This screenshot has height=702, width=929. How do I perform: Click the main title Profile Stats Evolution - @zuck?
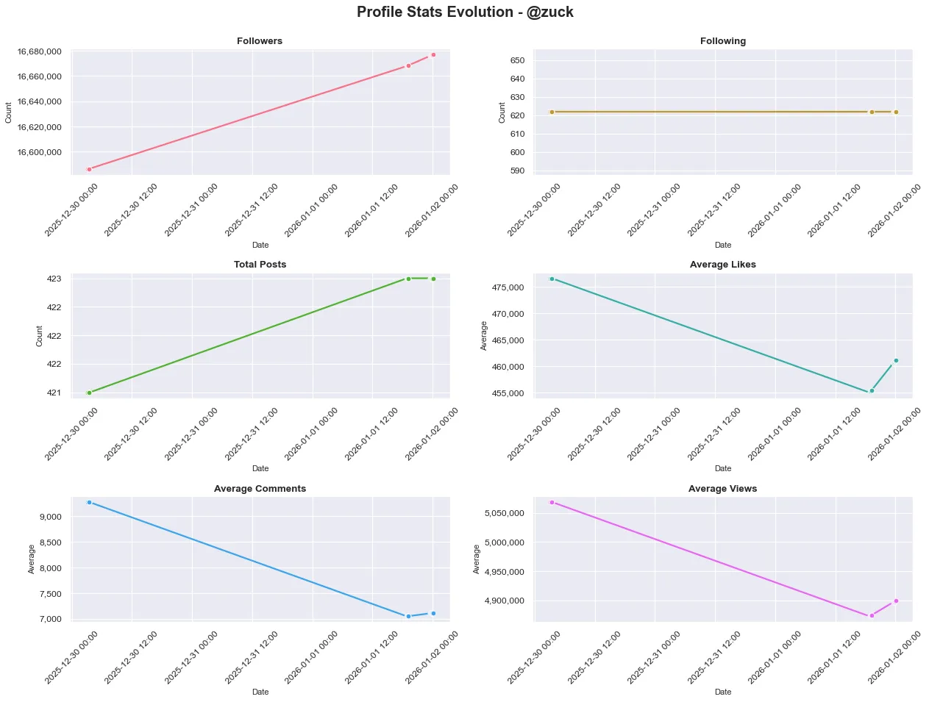click(464, 12)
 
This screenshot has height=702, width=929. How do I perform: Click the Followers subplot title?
click(260, 41)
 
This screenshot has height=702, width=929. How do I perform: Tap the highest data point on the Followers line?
click(433, 54)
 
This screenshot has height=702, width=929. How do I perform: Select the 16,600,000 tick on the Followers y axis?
click(40, 152)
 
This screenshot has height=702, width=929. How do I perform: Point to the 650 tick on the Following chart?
click(517, 60)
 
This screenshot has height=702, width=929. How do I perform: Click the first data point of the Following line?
click(552, 112)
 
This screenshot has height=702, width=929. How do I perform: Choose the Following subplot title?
click(722, 41)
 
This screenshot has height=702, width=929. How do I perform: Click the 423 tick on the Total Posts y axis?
click(54, 279)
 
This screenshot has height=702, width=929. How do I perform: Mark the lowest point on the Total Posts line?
click(89, 393)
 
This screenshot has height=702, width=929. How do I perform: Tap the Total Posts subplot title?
click(260, 265)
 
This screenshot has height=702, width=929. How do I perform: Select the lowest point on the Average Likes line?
click(872, 390)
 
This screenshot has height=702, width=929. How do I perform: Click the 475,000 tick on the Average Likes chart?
click(508, 287)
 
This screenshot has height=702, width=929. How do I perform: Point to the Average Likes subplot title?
click(722, 265)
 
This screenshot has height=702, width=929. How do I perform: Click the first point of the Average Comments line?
click(89, 502)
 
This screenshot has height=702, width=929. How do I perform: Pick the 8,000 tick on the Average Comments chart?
click(49, 568)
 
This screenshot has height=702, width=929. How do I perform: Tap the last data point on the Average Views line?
click(896, 601)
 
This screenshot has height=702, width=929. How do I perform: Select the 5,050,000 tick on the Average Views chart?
click(504, 513)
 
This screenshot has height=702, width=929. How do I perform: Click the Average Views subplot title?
click(722, 489)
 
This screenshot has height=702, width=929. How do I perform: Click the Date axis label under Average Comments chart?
click(260, 692)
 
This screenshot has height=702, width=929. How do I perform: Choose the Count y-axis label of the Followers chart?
click(9, 112)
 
